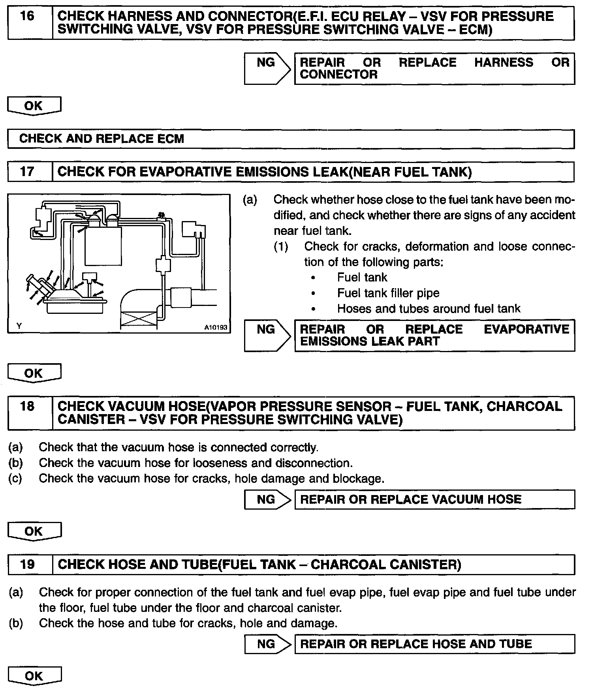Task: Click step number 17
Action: point(27,172)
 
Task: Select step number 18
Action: point(27,407)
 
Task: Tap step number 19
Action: point(27,565)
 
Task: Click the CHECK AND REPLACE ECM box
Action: point(291,139)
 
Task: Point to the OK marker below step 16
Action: point(34,106)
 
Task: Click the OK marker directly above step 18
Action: point(34,373)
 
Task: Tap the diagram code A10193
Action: point(216,327)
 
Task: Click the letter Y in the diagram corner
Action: point(19,326)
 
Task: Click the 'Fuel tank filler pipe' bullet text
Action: point(388,293)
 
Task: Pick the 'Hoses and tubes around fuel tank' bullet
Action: point(429,309)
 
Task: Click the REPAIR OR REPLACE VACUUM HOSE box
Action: point(434,500)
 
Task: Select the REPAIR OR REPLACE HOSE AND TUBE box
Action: point(434,644)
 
